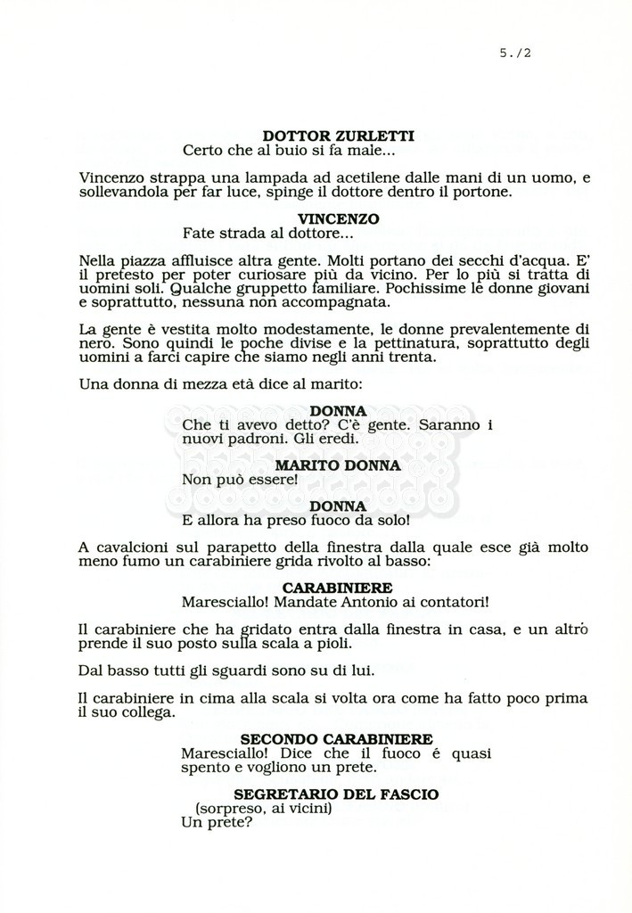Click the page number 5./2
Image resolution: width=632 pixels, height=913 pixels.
(x=516, y=53)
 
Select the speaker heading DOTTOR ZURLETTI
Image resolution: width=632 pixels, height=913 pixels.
(x=338, y=136)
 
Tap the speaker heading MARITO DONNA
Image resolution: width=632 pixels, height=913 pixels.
(x=338, y=465)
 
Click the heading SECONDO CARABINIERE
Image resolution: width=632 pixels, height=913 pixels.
(x=337, y=739)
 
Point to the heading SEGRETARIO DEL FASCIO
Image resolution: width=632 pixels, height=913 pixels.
(x=336, y=794)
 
